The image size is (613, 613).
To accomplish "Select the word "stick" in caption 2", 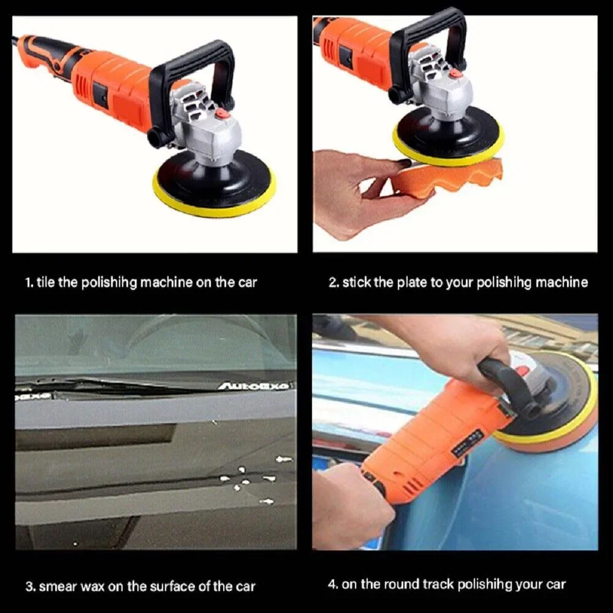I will (x=356, y=283).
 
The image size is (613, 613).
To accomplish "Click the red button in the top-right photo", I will (x=454, y=73).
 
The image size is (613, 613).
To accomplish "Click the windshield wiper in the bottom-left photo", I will (x=123, y=386).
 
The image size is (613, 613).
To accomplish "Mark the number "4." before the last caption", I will (x=333, y=584).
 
